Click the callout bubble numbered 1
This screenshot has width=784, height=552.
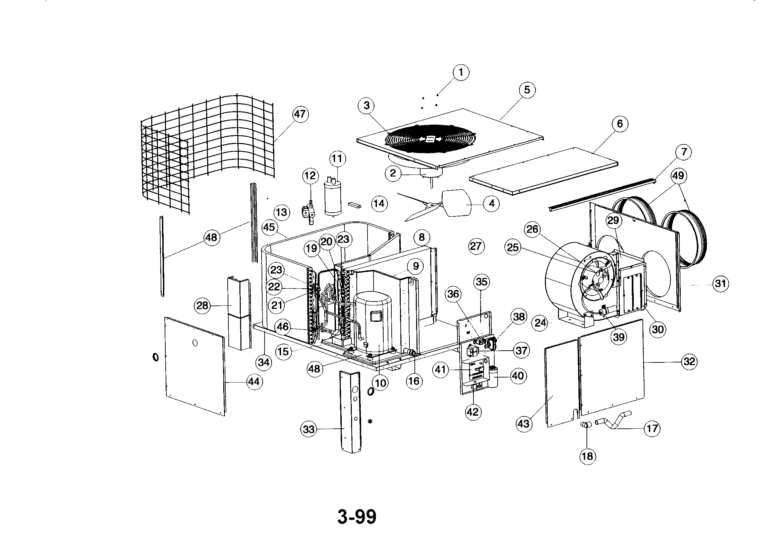[461, 72]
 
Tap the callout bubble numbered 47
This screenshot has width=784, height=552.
[300, 114]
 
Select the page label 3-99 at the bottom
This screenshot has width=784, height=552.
[357, 517]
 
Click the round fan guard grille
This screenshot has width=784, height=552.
[429, 139]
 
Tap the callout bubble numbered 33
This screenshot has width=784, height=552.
[309, 429]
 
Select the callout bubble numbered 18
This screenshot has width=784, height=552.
[587, 456]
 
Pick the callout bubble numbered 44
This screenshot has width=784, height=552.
[254, 382]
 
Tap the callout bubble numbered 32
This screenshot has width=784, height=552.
[689, 361]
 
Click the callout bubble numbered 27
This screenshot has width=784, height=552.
[476, 246]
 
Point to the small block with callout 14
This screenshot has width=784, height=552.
[354, 204]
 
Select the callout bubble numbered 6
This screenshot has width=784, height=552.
[620, 124]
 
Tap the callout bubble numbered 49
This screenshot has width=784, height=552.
[678, 176]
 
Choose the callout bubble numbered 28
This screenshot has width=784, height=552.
[202, 305]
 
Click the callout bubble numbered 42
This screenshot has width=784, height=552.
[473, 412]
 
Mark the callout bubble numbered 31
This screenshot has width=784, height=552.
[721, 283]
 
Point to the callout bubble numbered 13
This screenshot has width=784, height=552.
[281, 213]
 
